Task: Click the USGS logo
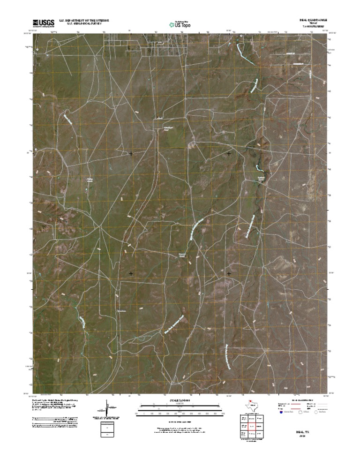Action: pyautogui.click(x=43, y=23)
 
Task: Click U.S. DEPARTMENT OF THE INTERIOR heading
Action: pyautogui.click(x=84, y=21)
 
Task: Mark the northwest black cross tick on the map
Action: pyautogui.click(x=131, y=153)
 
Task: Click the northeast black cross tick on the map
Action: pyautogui.click(x=229, y=153)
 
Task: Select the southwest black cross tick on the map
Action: pyautogui.click(x=131, y=273)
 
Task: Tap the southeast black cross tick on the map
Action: pyautogui.click(x=229, y=273)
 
